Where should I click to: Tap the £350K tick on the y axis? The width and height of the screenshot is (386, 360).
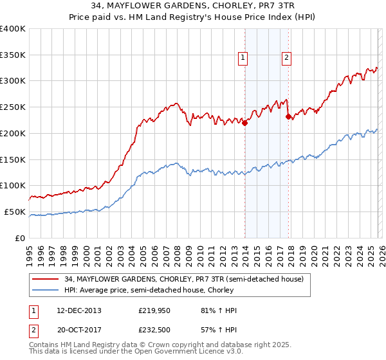point(13,55)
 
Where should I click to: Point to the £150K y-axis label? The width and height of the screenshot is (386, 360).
point(13,159)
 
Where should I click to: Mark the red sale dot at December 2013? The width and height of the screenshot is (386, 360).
point(244,123)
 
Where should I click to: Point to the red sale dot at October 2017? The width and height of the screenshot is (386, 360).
point(288,116)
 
